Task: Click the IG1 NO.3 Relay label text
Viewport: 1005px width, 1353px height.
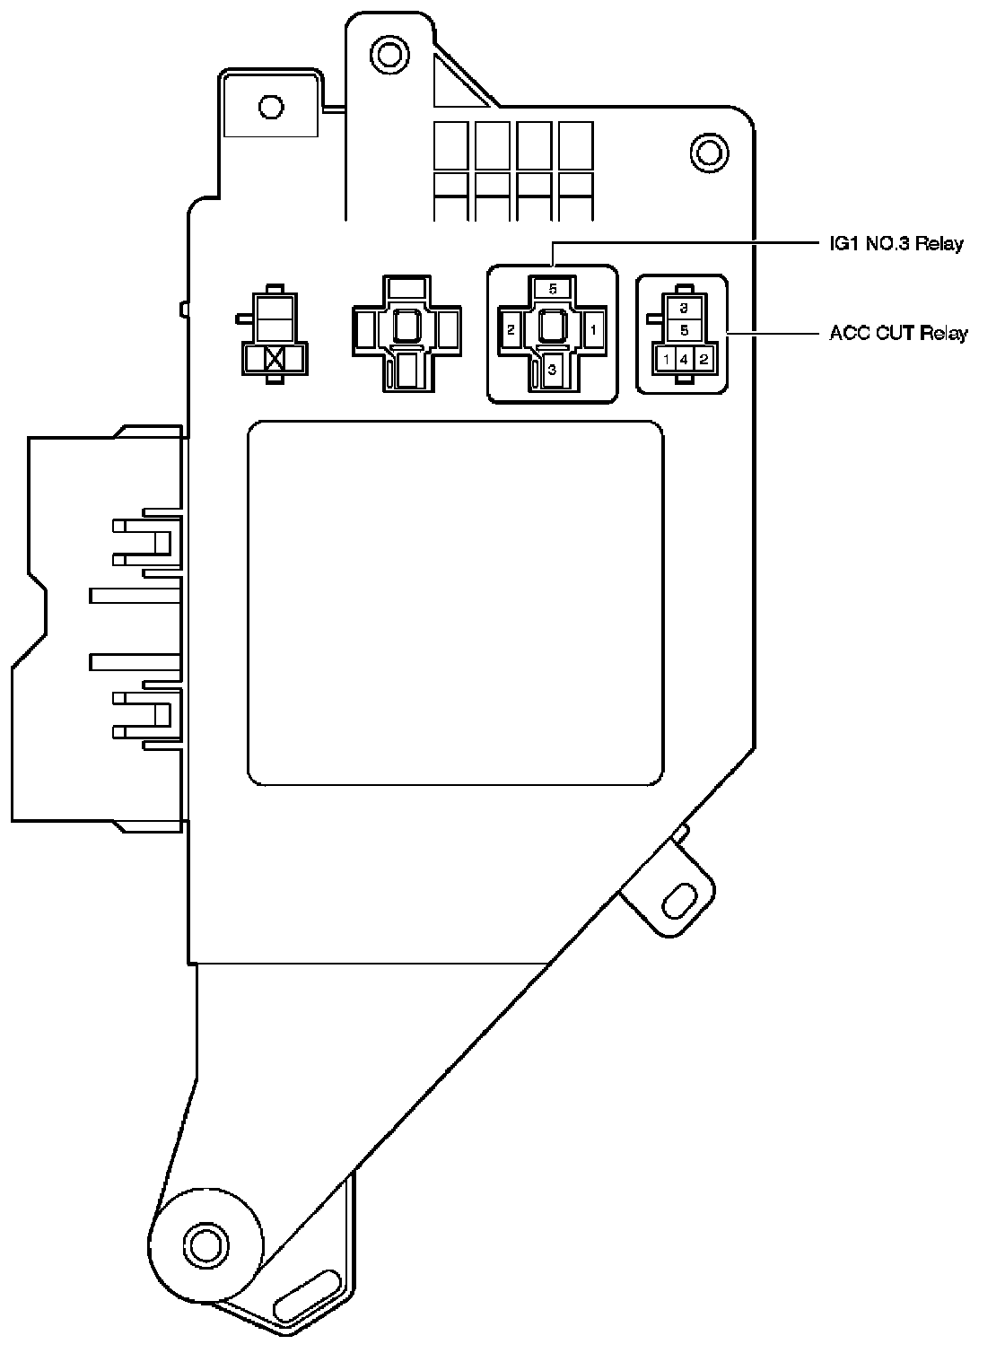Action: (x=896, y=243)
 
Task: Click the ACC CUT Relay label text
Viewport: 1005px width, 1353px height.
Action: (x=898, y=334)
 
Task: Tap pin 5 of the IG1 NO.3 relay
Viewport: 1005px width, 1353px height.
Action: (x=553, y=289)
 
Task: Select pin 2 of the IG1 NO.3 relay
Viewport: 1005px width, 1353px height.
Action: (x=511, y=329)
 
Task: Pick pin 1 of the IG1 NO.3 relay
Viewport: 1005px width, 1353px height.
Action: (x=593, y=329)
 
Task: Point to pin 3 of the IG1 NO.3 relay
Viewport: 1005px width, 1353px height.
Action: (x=553, y=369)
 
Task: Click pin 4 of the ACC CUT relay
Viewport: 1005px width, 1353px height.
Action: (x=684, y=360)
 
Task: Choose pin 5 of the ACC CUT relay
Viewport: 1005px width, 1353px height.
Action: (x=684, y=330)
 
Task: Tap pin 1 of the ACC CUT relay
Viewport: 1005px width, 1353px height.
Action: (x=667, y=360)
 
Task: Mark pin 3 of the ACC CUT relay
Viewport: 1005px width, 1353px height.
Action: (x=684, y=308)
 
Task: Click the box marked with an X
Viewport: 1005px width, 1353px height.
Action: (x=275, y=361)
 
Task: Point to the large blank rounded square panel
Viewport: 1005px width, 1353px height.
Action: (x=456, y=603)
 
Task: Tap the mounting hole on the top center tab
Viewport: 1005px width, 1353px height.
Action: (x=389, y=55)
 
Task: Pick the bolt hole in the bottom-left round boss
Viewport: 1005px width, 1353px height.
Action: (x=205, y=1244)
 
